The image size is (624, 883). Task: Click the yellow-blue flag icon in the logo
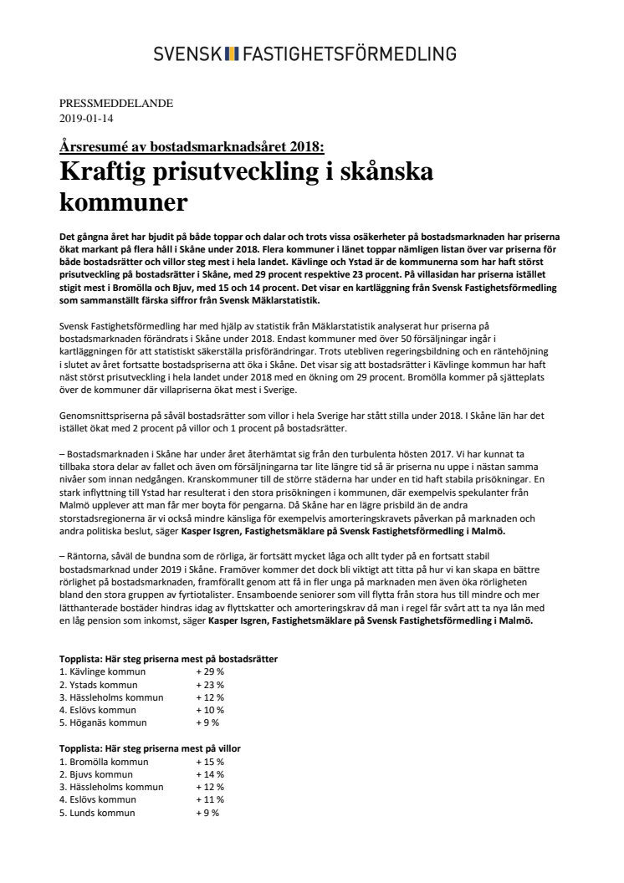[x=233, y=54]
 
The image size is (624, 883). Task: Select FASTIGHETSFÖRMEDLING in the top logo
[x=348, y=54]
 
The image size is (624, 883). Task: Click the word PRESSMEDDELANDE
[x=116, y=104]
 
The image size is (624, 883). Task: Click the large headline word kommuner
[x=123, y=202]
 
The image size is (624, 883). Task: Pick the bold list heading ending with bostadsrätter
[x=168, y=659]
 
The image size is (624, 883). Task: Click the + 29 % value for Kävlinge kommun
[x=210, y=671]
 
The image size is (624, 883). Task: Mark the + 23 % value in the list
[x=210, y=684]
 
